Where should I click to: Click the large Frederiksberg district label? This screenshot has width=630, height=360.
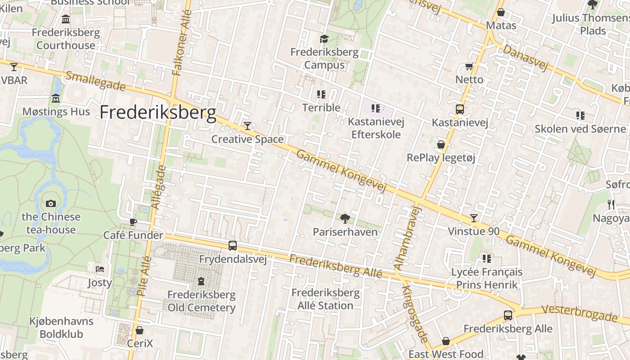[158, 112]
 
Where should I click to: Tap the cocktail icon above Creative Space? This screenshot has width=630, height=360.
[247, 126]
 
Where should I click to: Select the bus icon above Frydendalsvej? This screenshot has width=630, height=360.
[233, 246]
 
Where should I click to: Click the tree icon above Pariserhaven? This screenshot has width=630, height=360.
[345, 219]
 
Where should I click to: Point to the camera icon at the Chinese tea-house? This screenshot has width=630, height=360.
[51, 203]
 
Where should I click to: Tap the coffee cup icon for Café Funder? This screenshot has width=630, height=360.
[133, 221]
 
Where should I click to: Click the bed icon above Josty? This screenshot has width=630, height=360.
[100, 269]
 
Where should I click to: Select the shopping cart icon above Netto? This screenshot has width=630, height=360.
[469, 67]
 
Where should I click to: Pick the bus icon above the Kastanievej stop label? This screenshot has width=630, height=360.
[460, 109]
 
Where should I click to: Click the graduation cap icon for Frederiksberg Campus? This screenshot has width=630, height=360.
[324, 39]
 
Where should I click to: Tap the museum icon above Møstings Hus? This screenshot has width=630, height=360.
[56, 98]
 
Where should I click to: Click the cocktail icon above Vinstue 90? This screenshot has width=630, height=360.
[474, 218]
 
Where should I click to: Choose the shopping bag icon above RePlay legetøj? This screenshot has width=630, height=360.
[441, 144]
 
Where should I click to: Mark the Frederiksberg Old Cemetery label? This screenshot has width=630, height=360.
[202, 301]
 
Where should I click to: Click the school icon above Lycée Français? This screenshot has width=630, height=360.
[487, 258]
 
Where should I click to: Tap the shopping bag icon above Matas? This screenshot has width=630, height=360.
[500, 12]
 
